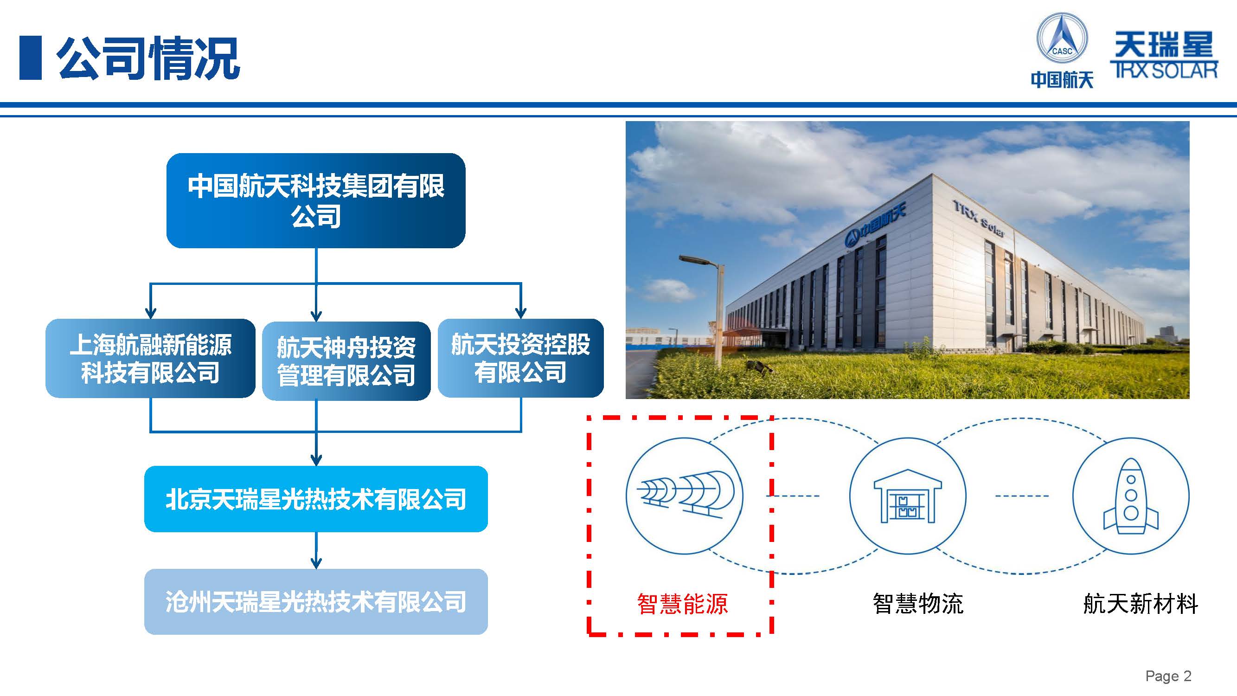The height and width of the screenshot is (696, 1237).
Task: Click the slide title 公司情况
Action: coord(148,58)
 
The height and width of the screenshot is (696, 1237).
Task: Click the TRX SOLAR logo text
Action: coord(1164,70)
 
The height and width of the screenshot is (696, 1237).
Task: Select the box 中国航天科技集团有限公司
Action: coord(316,200)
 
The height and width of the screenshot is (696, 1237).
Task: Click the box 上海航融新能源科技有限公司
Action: coord(150,358)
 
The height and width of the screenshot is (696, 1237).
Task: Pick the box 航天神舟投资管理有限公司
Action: coord(346,361)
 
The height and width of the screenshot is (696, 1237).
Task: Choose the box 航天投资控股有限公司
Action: coord(520,358)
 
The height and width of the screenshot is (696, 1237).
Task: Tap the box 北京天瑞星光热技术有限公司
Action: coord(316,499)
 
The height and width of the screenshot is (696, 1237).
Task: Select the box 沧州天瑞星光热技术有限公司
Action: coord(316,601)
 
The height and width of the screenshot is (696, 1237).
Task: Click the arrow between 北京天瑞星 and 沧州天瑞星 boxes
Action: coord(316,550)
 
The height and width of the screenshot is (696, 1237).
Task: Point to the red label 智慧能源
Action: coord(682,604)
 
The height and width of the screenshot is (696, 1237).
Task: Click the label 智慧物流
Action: coord(918,604)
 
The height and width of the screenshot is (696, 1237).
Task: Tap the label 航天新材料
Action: coord(1141,604)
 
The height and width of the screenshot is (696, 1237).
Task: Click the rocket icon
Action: coord(1131,496)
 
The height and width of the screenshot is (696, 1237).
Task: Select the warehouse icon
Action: coord(908,496)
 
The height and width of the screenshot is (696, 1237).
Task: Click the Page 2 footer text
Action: coord(1168,676)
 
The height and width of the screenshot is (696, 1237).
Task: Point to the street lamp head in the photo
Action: coord(699,261)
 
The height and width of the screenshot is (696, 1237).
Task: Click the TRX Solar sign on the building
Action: coord(978,219)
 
